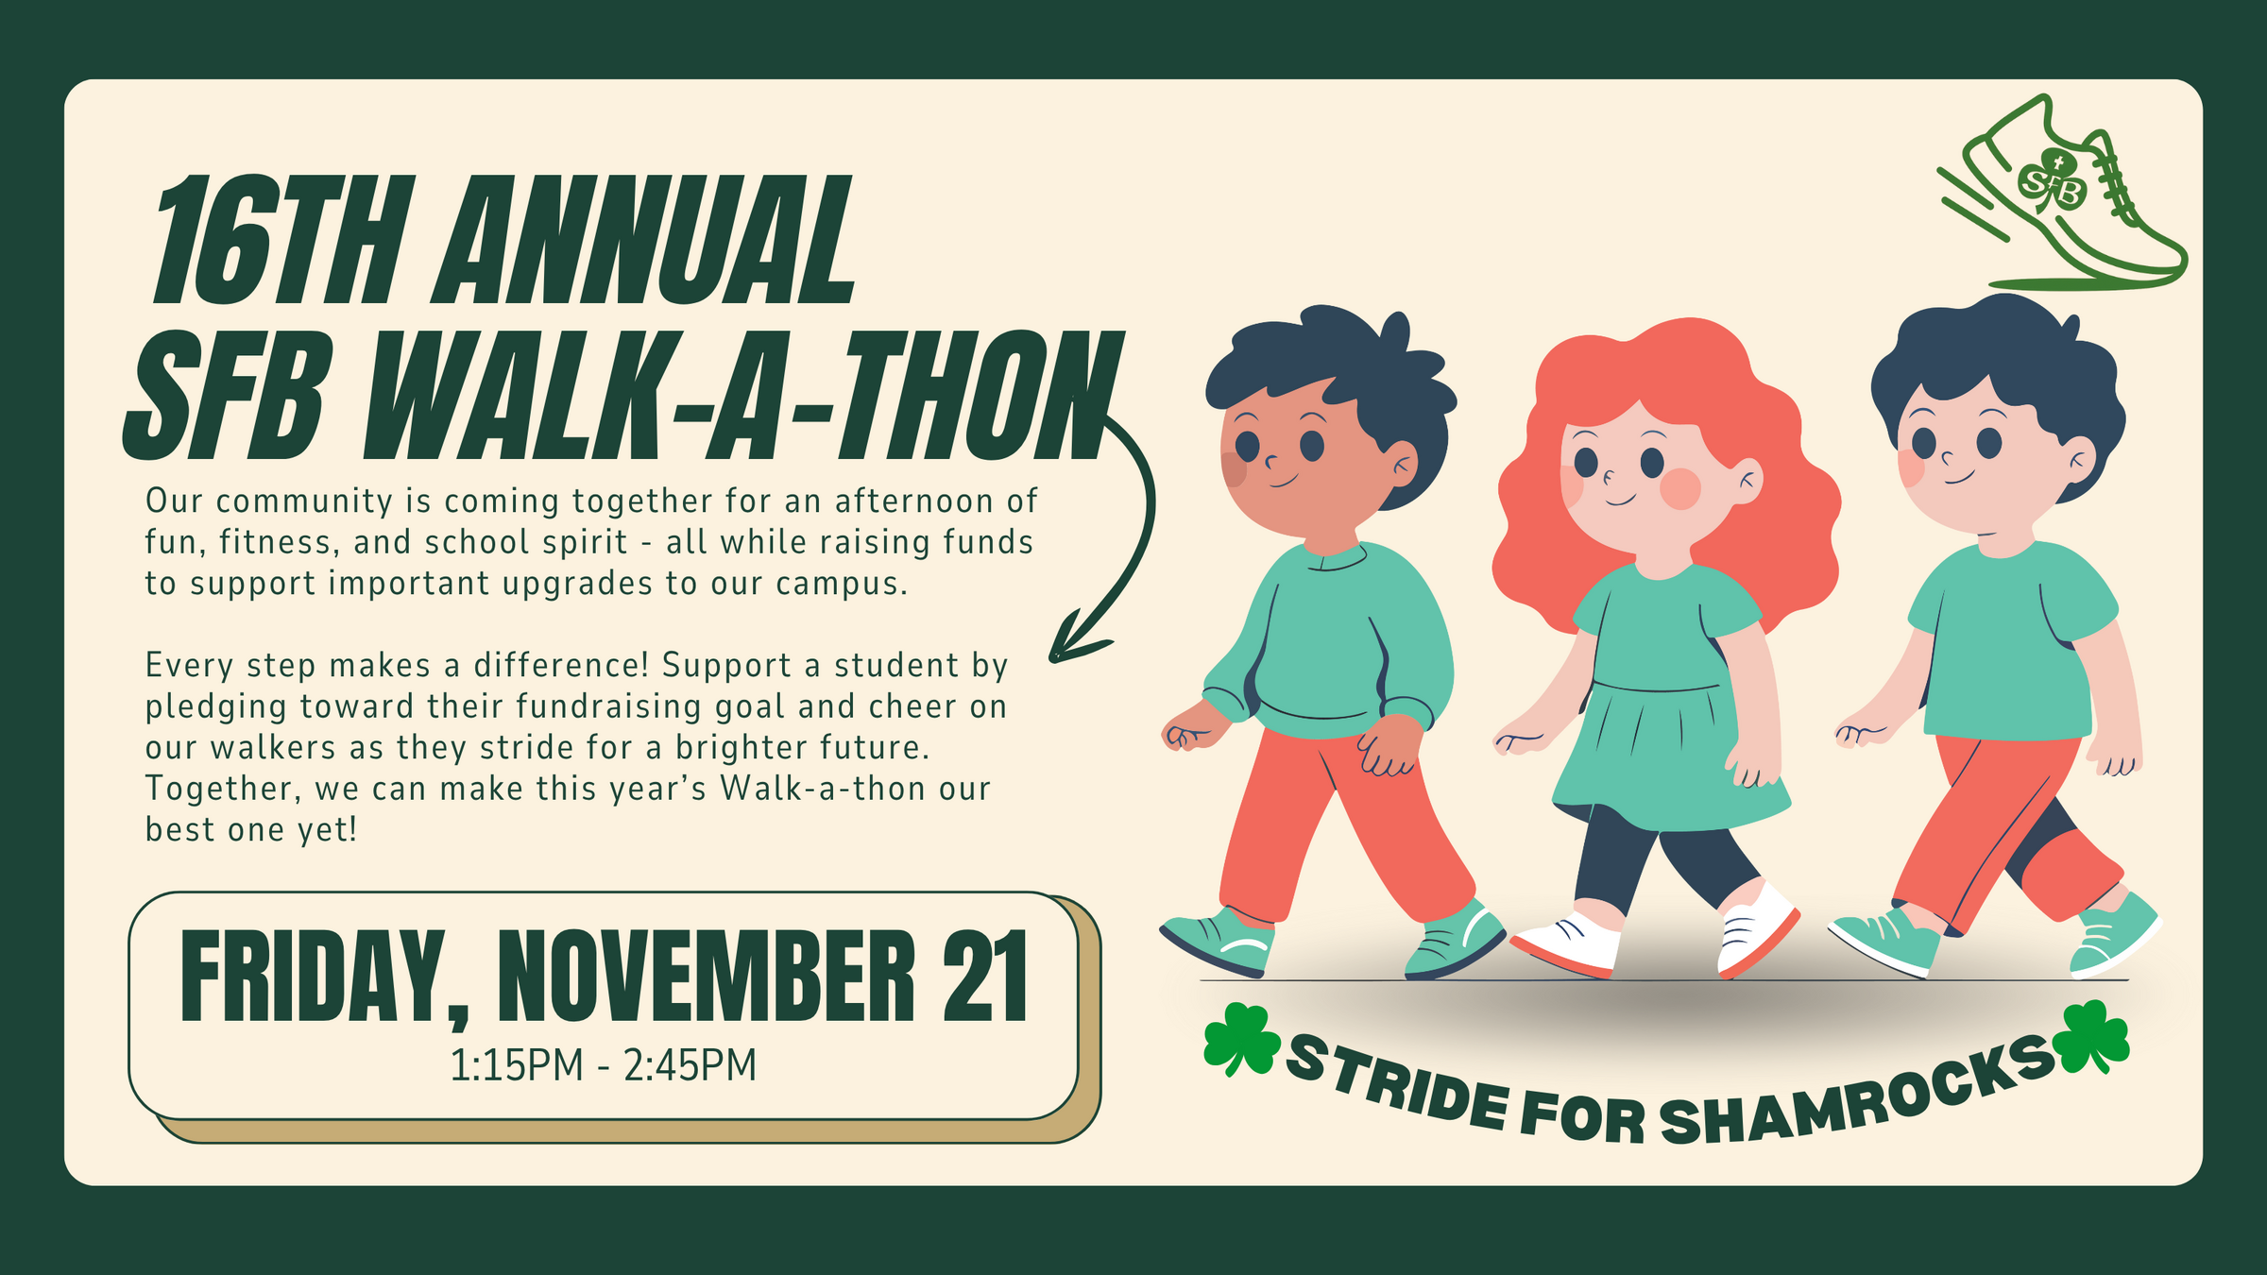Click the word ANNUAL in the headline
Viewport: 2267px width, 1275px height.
(x=644, y=241)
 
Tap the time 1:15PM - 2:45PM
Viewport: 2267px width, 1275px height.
(x=603, y=1065)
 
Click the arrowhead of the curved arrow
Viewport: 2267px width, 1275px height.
(x=1077, y=637)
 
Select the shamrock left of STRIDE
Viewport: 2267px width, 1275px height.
(x=1241, y=1040)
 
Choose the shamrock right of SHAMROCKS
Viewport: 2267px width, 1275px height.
(x=2093, y=1037)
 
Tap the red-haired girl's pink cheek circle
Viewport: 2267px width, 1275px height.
(x=1680, y=488)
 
